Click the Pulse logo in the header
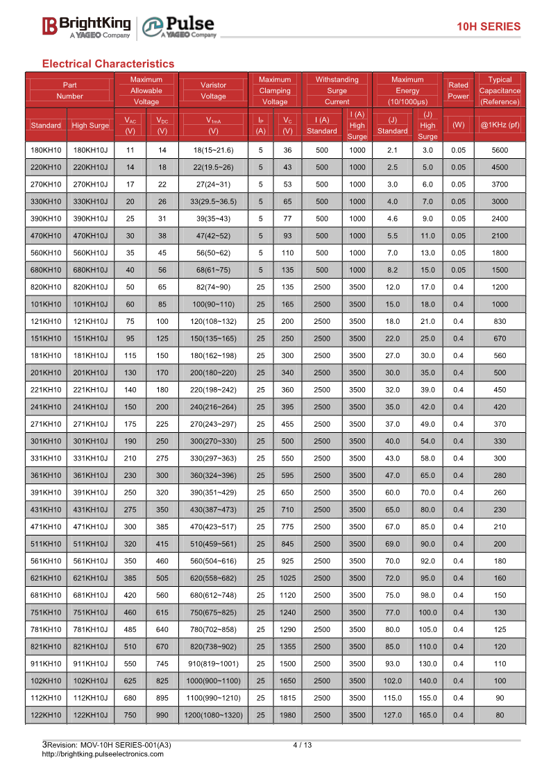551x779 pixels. click(179, 26)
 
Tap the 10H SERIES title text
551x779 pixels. click(488, 26)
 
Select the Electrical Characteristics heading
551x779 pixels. click(108, 64)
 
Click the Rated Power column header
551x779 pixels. click(458, 90)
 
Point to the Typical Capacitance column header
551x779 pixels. click(500, 90)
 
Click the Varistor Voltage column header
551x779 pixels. click(213, 90)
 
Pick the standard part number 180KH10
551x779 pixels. click(46, 151)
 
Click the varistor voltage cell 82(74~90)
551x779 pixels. click(213, 287)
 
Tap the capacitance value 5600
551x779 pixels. click(500, 151)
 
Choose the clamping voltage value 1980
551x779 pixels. click(288, 714)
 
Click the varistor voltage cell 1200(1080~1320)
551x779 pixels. click(213, 714)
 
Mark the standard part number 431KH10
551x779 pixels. click(46, 510)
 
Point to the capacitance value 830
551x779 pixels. click(500, 321)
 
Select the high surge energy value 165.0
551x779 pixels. click(427, 714)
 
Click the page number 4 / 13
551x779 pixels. click(303, 745)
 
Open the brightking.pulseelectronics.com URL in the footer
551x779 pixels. click(103, 754)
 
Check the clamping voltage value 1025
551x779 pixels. click(288, 578)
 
